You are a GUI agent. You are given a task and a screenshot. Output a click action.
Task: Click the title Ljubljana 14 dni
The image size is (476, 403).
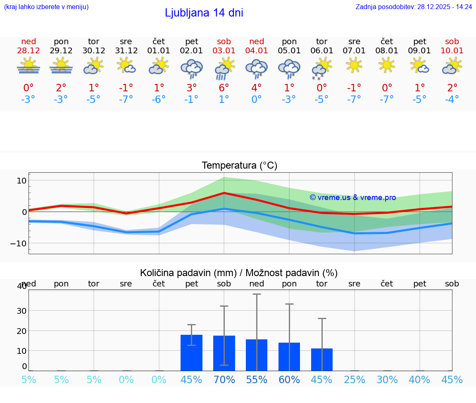[x=204, y=13]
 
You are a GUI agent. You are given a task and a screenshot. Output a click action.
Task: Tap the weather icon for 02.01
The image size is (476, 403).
[x=191, y=68]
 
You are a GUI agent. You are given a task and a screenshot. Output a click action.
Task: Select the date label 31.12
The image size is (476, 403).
[x=126, y=51]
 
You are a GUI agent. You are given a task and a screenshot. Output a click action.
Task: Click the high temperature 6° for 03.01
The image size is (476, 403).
[x=224, y=88]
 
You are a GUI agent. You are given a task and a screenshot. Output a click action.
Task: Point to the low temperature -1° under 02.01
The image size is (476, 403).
[x=191, y=100]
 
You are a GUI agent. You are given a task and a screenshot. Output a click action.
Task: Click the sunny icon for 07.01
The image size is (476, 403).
[x=354, y=65]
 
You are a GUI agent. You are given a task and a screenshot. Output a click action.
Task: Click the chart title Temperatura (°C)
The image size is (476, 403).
[x=239, y=165]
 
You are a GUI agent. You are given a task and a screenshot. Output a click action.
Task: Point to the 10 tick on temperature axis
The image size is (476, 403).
[x=21, y=181]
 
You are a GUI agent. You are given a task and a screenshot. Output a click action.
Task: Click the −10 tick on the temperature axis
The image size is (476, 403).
[x=19, y=243]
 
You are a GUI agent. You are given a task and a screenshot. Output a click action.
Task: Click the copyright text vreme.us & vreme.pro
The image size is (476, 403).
[x=353, y=198]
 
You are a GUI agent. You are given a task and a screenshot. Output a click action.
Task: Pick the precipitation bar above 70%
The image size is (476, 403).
[x=224, y=353]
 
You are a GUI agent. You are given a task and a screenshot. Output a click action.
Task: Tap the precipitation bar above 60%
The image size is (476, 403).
[x=289, y=356]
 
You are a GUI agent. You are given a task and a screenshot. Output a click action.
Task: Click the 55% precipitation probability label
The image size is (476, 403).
[x=257, y=379]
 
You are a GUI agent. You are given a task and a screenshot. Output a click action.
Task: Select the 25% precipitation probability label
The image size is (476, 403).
[x=355, y=379]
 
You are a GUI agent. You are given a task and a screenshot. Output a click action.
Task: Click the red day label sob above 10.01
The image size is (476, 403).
[x=452, y=41]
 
